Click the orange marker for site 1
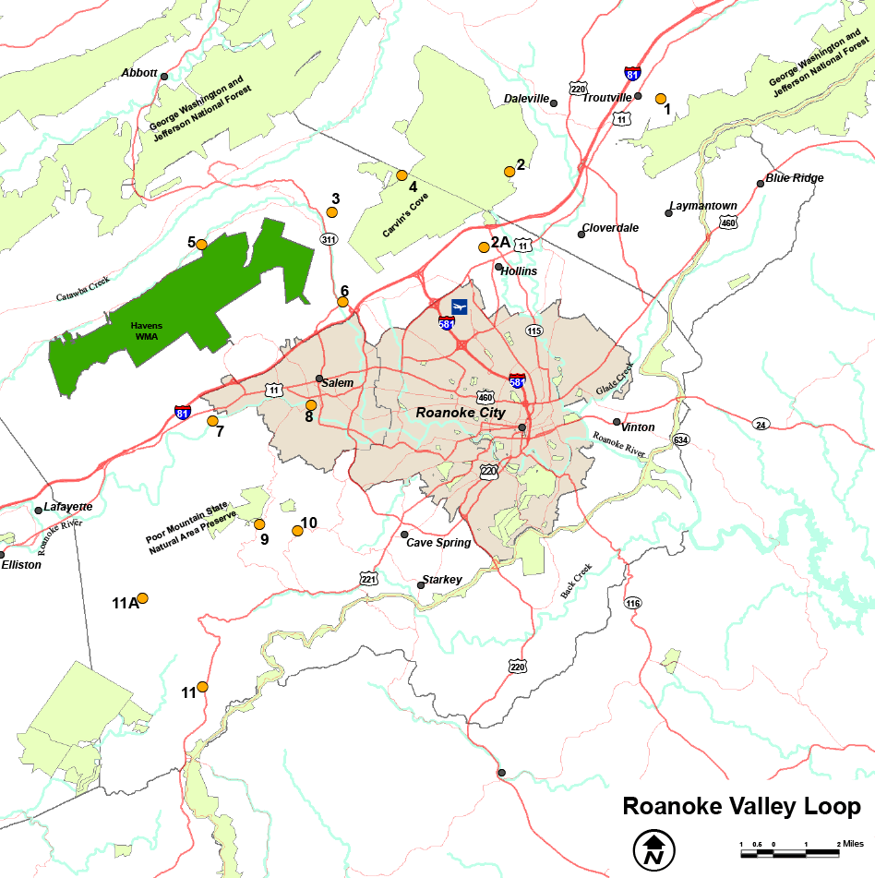coord(661,99)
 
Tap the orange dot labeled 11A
coord(143,597)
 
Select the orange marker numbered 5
coord(202,245)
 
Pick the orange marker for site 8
coord(311,405)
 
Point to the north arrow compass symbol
coord(654,848)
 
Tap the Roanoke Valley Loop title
coord(741,806)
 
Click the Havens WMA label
coord(146,331)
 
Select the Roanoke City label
coord(461,413)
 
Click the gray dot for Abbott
coord(164,76)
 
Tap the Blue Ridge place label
coord(794,178)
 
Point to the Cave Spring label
coord(438,543)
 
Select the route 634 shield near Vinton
coord(681,439)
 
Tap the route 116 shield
coord(632,603)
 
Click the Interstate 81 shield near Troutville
coord(632,74)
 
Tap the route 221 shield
coord(369,579)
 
